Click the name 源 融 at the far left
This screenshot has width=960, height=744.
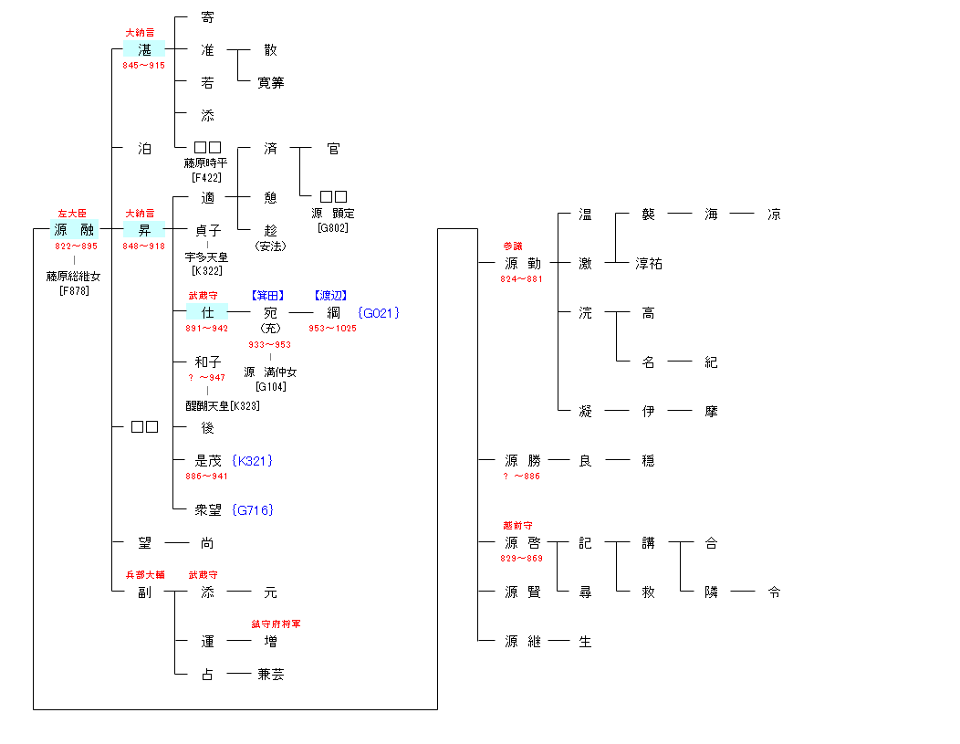tap(74, 230)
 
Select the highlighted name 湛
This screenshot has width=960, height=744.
tap(144, 49)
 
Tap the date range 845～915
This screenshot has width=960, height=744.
tap(144, 66)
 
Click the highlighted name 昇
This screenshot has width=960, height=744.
tap(144, 230)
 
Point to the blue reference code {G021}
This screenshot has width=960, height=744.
tap(379, 313)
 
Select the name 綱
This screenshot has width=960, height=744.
tap(333, 313)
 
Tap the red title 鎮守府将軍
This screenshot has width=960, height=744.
tap(277, 624)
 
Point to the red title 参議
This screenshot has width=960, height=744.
tap(513, 246)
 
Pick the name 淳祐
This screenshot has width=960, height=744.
tap(649, 264)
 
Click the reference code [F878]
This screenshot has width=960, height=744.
tap(74, 291)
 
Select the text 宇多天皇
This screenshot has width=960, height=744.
tap(206, 257)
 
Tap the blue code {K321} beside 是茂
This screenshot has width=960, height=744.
tap(253, 461)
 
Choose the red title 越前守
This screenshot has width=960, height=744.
tap(517, 526)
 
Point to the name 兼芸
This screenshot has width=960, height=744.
tap(271, 675)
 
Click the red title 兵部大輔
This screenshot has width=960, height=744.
tap(145, 575)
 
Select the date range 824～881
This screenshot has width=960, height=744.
tap(521, 279)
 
